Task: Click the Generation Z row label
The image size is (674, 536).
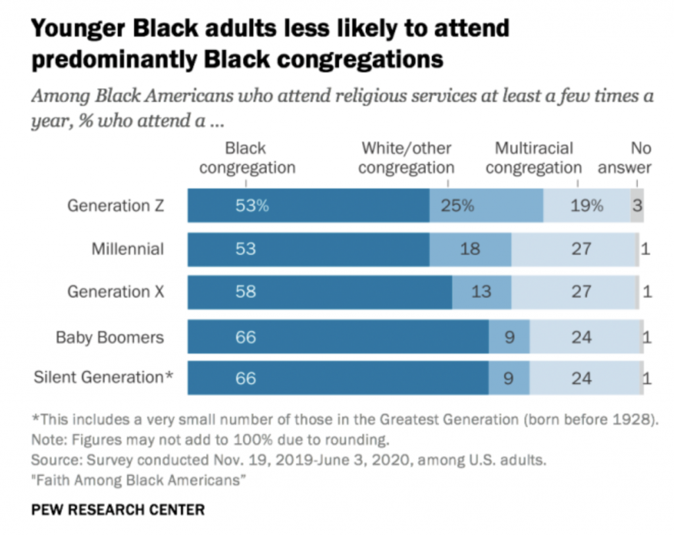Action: click(x=115, y=206)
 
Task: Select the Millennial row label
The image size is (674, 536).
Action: click(x=128, y=249)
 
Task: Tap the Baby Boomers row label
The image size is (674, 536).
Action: click(x=109, y=337)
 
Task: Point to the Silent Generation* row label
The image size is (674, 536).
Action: click(x=103, y=378)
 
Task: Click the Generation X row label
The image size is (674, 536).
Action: click(x=115, y=291)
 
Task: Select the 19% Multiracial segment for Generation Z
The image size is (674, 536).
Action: click(x=586, y=205)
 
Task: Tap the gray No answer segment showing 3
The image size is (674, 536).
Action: click(x=637, y=205)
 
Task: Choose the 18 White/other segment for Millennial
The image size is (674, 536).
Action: click(x=470, y=249)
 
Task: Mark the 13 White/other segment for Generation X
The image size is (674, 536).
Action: click(x=481, y=291)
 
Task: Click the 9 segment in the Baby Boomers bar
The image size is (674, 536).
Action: click(x=509, y=337)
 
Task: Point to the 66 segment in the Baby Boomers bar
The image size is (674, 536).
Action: click(x=338, y=337)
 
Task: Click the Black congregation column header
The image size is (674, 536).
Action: click(x=247, y=158)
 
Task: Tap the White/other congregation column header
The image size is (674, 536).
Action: click(x=406, y=158)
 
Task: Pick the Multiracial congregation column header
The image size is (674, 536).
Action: click(x=534, y=158)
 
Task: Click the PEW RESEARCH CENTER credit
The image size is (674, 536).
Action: click(x=118, y=510)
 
